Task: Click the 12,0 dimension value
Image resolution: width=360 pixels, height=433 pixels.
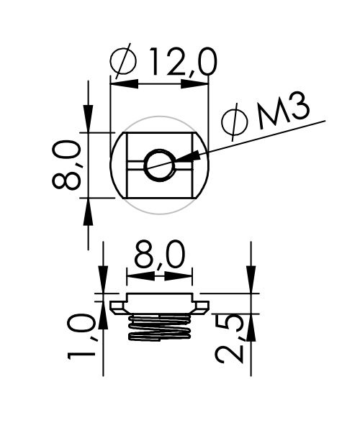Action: pos(183,62)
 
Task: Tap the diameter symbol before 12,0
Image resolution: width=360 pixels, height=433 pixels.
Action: pos(123,61)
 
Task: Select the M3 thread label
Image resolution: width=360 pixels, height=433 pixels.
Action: pos(283,111)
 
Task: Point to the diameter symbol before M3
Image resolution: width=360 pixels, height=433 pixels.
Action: pos(235,122)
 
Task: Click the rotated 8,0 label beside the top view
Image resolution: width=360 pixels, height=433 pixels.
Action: pos(66,165)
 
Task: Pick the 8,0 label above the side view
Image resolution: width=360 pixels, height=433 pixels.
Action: pos(160,255)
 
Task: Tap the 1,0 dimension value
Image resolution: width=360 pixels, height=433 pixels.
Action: pos(81,337)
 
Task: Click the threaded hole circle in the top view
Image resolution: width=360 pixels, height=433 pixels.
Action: pos(160,165)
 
